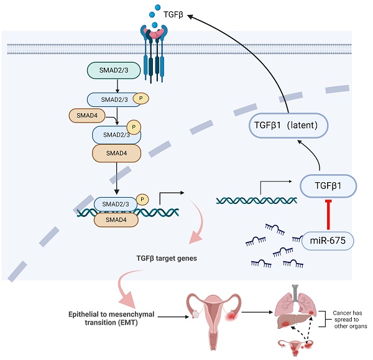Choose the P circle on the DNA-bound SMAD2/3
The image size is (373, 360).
pyautogui.click(x=142, y=200)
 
